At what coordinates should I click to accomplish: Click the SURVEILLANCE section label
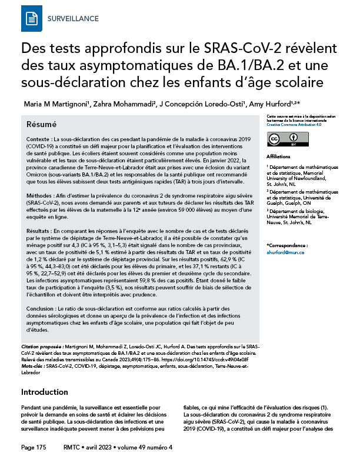(72, 19)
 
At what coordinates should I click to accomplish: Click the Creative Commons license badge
(282, 139)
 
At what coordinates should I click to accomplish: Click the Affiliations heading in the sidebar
(278, 157)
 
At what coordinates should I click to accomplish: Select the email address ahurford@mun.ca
(285, 252)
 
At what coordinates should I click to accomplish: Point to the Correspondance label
(288, 245)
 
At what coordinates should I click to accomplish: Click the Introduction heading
(54, 392)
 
